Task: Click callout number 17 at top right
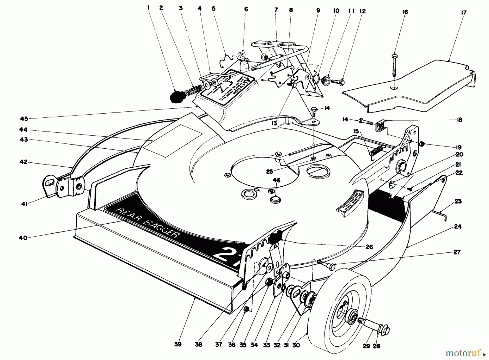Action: pos(463,12)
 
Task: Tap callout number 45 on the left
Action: pos(24,119)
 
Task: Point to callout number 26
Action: pos(369,246)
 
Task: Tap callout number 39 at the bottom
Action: pos(178,344)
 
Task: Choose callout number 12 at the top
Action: pos(362,11)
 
